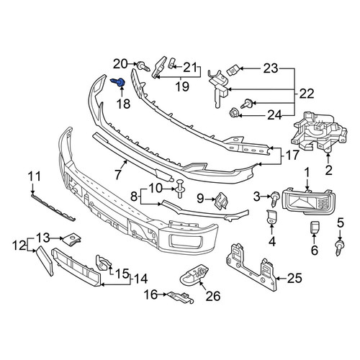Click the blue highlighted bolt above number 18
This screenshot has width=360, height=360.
coord(118,82)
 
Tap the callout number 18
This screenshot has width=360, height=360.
coord(124,104)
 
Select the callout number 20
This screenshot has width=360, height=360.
coord(121,64)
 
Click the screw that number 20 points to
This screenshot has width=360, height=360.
coord(143,66)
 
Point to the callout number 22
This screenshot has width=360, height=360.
coord(307,94)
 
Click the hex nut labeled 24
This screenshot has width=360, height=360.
coord(234,113)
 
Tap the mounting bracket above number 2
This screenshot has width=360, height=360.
coord(319,132)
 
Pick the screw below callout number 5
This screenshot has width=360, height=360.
coord(339,248)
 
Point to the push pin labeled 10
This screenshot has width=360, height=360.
coord(180,189)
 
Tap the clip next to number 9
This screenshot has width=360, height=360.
coord(222,201)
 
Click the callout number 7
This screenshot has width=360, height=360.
coord(117,174)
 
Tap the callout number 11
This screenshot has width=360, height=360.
coord(35,177)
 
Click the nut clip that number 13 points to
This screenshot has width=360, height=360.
coord(71,238)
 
